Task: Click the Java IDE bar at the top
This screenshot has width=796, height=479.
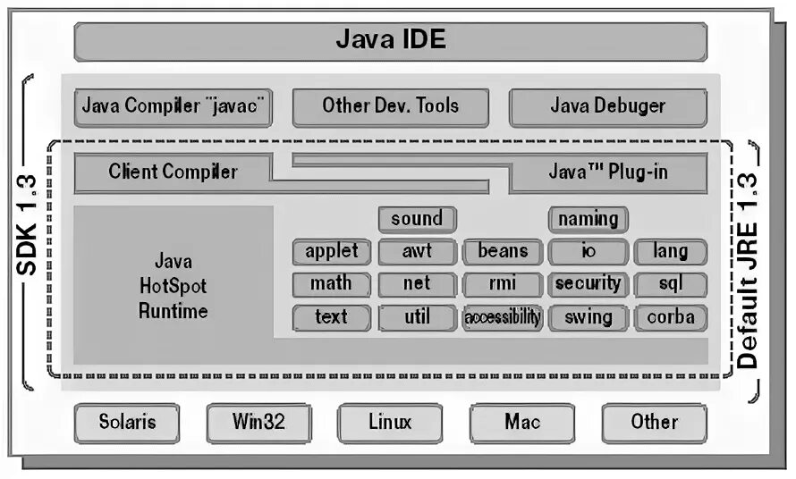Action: pyautogui.click(x=390, y=40)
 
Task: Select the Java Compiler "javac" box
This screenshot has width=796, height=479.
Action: pyautogui.click(x=173, y=106)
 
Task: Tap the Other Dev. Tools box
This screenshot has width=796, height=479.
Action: pyautogui.click(x=390, y=106)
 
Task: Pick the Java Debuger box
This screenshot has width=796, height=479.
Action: pyautogui.click(x=607, y=106)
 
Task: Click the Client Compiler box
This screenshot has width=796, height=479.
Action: pyautogui.click(x=173, y=172)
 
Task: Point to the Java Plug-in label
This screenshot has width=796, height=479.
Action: pyautogui.click(x=607, y=172)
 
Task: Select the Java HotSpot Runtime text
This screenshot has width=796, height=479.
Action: pyautogui.click(x=173, y=286)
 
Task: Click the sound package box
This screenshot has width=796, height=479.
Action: pyautogui.click(x=417, y=219)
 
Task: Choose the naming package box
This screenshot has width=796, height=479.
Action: pyautogui.click(x=588, y=219)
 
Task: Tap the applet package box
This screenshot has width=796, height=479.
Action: pyautogui.click(x=331, y=251)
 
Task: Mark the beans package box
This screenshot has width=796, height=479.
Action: pyautogui.click(x=503, y=251)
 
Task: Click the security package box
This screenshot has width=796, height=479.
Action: pyautogui.click(x=588, y=284)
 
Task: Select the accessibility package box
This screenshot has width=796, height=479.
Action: pyautogui.click(x=503, y=317)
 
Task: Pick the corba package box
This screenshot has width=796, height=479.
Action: pyautogui.click(x=671, y=317)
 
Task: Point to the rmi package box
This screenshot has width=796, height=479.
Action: pyautogui.click(x=503, y=284)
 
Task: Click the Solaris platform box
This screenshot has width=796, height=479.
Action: pyautogui.click(x=126, y=422)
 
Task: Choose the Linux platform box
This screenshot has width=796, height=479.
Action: pyautogui.click(x=390, y=422)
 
